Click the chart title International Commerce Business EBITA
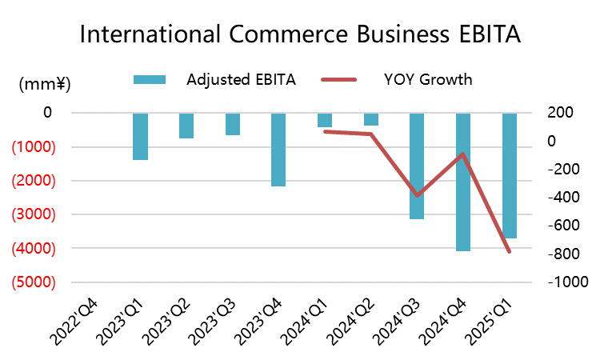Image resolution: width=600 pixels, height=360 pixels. tap(300, 35)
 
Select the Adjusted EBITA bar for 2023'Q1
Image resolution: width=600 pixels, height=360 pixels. tap(140, 136)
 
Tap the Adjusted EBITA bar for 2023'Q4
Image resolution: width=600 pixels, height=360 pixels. tap(278, 150)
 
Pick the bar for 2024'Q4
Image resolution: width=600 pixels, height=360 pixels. tap(463, 182)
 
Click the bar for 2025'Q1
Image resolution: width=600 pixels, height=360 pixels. tap(510, 175)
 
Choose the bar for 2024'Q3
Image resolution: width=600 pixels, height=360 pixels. tap(417, 166)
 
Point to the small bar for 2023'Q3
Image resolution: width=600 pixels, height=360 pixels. tap(232, 124)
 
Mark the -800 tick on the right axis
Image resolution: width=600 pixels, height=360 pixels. tap(562, 254)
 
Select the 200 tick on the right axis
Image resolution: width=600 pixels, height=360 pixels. tap(560, 113)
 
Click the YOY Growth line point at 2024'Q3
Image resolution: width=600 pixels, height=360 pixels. tap(417, 195)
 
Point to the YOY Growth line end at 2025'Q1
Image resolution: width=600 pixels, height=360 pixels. tap(510, 251)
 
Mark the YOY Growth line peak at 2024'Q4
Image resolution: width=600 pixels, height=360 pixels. tap(463, 154)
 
